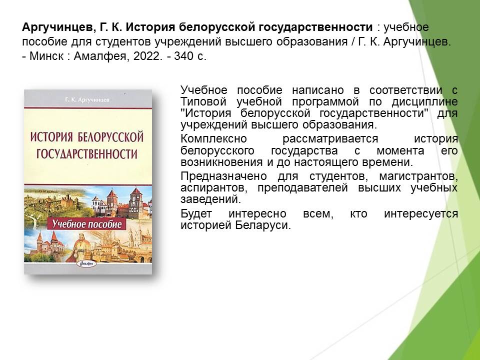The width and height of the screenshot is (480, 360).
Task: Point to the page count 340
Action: [183, 56]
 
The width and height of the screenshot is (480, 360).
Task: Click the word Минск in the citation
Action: [46, 56]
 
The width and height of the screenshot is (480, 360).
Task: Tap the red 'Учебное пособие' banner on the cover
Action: [87, 224]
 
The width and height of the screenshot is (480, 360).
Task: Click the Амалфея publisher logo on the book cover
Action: [86, 263]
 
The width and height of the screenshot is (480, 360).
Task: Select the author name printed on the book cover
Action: [87, 100]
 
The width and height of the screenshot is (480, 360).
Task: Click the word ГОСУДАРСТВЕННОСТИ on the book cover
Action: [87, 153]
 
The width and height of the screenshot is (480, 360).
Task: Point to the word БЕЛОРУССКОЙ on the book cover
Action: [111, 137]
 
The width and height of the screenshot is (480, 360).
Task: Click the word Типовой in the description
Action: [203, 101]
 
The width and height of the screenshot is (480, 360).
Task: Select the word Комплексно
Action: [213, 138]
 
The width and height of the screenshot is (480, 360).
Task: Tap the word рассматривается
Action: [330, 138]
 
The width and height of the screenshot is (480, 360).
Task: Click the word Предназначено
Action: [223, 176]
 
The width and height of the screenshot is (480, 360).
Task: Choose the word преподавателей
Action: [302, 187]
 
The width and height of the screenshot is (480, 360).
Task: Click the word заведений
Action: [210, 199]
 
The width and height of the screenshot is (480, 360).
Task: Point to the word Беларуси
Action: [262, 225]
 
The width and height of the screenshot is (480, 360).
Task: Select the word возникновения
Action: [221, 162]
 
